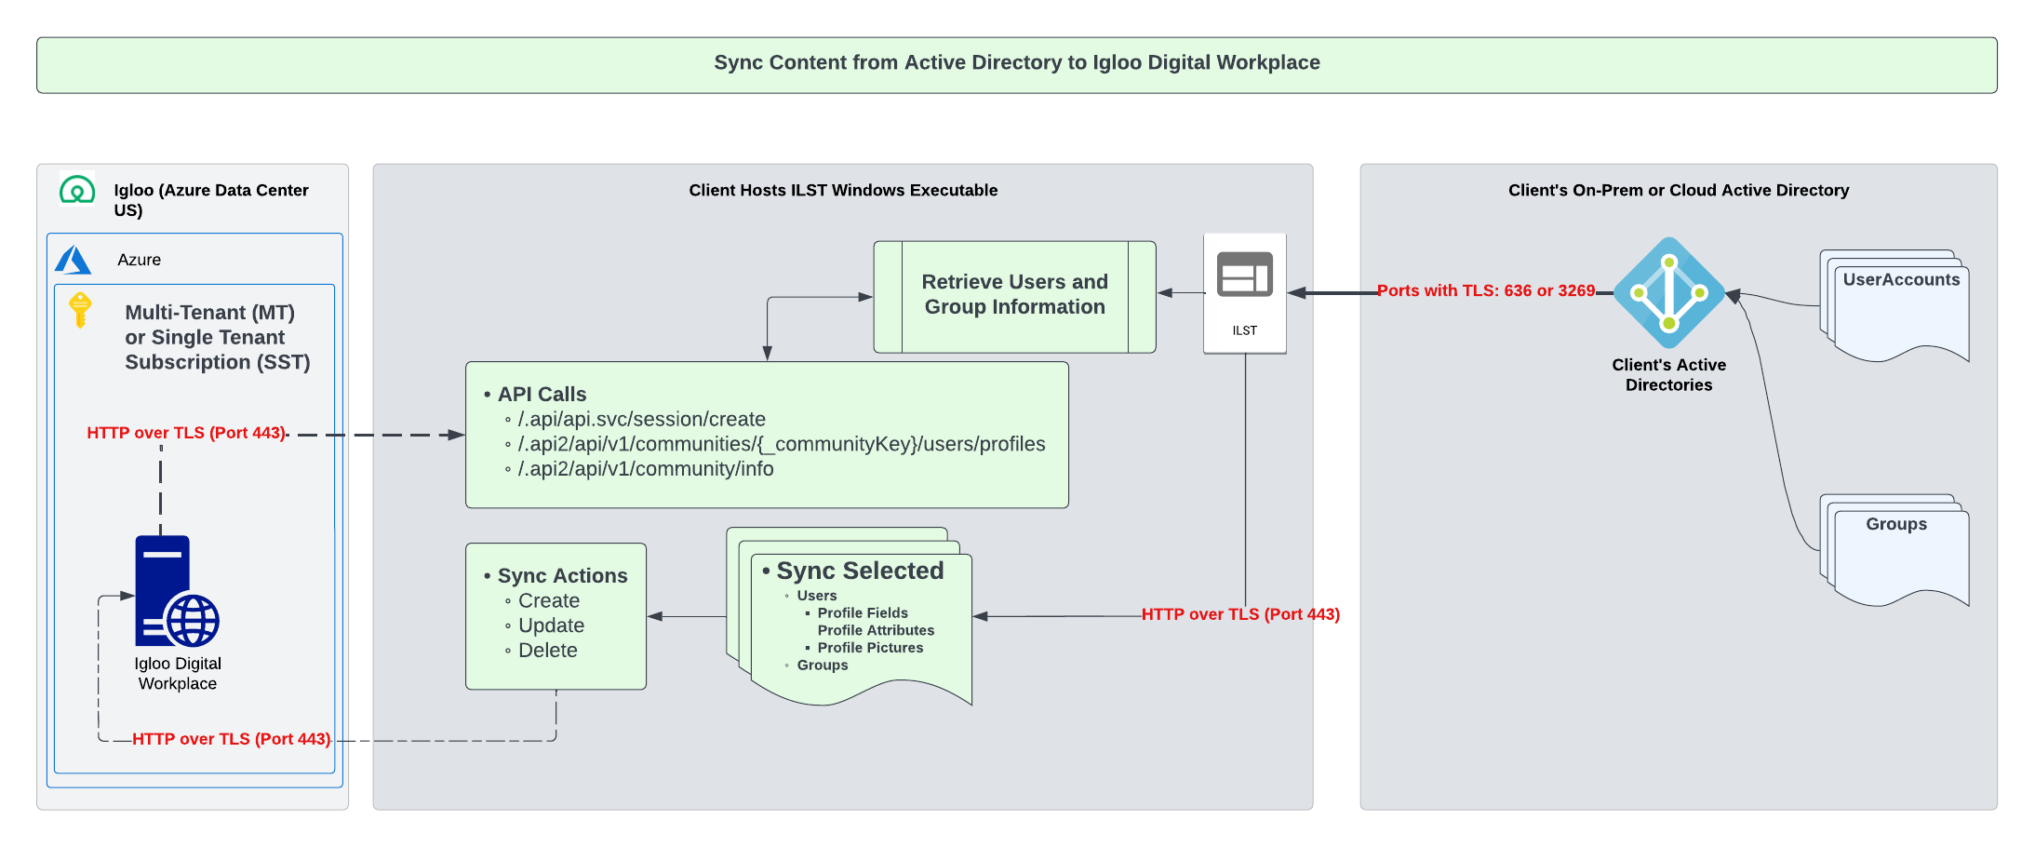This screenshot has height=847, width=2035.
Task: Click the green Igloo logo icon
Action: coord(77,190)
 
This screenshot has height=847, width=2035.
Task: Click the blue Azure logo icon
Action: coord(73,260)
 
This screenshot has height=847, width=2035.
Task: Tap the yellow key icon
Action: coord(81,309)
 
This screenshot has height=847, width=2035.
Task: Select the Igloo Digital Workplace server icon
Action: coord(175,592)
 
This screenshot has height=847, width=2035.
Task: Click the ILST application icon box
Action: coord(1244,292)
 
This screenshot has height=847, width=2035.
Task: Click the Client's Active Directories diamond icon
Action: coord(1668,292)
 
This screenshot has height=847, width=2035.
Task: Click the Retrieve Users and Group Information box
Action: coord(1014,296)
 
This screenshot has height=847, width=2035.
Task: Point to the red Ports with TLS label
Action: coord(1486,290)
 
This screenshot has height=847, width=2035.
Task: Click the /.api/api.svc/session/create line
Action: coord(641,420)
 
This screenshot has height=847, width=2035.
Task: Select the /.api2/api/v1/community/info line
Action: coord(645,469)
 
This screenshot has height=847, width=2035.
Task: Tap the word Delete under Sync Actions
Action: coord(547,651)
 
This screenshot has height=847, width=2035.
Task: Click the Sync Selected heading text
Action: coord(860,571)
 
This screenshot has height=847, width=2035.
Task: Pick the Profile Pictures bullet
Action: coord(870,648)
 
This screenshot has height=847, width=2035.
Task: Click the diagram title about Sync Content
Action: coord(1016,63)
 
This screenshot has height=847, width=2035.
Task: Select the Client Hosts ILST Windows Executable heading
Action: coord(843,191)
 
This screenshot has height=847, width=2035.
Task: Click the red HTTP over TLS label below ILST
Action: coord(1240,614)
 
